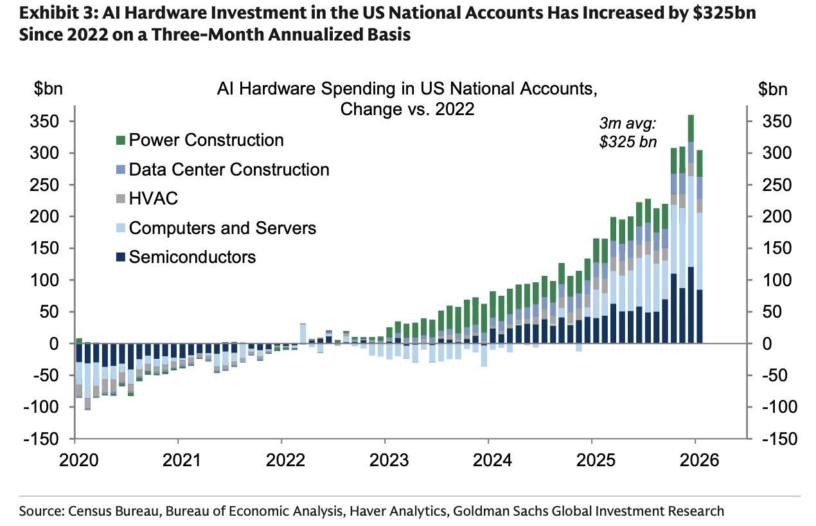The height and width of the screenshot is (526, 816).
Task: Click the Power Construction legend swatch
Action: [x=120, y=140]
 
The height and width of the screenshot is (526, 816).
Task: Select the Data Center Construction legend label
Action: [x=229, y=170]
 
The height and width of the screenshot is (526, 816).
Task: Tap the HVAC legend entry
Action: [x=153, y=199]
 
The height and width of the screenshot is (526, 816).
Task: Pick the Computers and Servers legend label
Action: [x=222, y=228]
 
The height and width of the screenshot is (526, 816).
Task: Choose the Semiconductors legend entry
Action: [x=192, y=257]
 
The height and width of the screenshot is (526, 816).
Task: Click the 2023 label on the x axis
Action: [x=385, y=461]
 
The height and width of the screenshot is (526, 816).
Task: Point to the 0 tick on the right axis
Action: [x=764, y=344]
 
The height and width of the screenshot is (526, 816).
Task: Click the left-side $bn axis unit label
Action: [x=49, y=89]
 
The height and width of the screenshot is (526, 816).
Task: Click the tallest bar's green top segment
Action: [x=691, y=128]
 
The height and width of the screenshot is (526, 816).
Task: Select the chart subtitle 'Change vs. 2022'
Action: [x=407, y=109]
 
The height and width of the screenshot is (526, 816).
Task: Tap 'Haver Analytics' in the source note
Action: [x=399, y=511]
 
